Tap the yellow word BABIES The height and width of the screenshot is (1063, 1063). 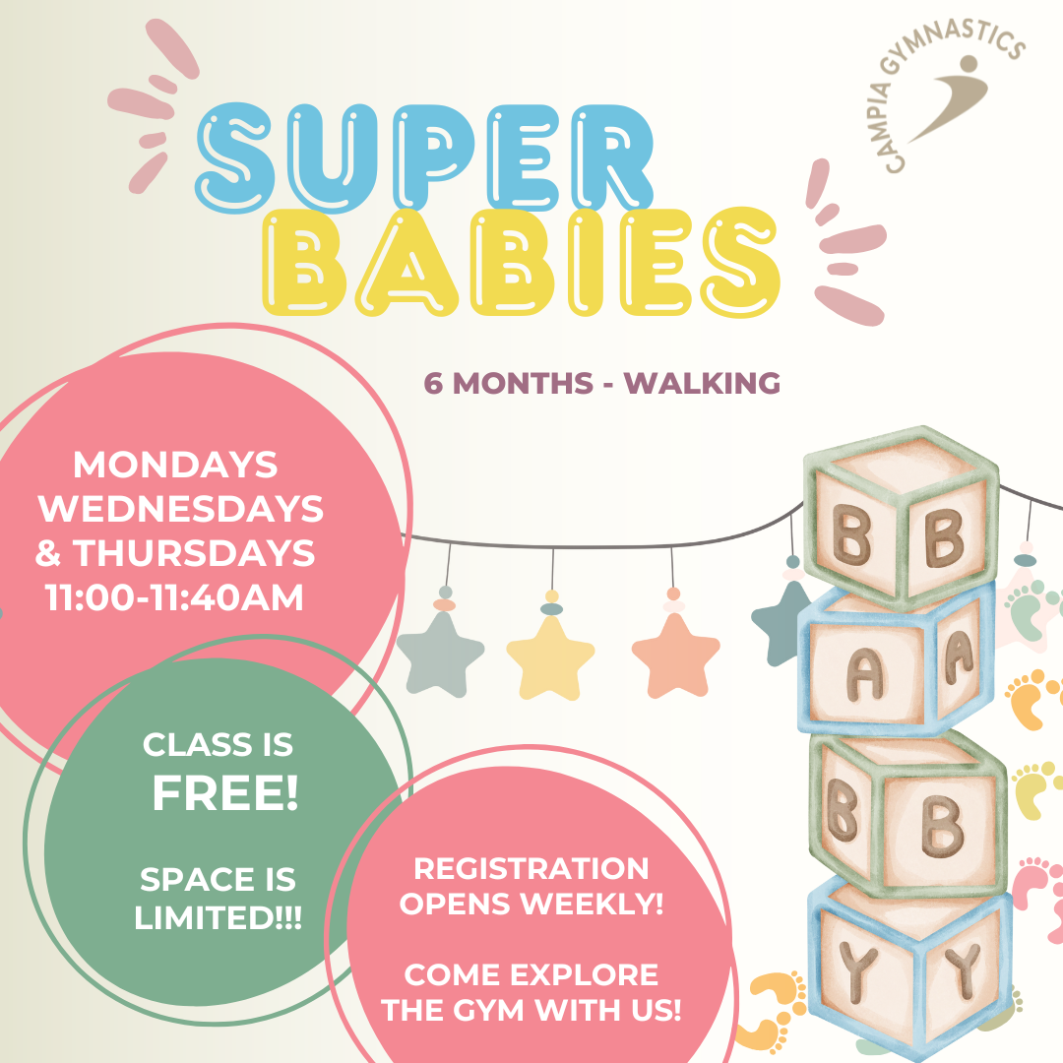pos(521,263)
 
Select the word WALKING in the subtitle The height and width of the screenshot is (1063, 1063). pos(702,383)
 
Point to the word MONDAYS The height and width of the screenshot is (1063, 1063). pos(175,465)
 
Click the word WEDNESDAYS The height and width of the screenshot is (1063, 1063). pos(180,509)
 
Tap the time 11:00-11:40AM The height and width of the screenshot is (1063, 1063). pos(174,598)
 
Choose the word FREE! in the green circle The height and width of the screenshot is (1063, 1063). pos(225,793)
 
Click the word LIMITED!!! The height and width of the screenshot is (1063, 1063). pos(218,918)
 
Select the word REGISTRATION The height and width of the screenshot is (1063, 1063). pos(531,869)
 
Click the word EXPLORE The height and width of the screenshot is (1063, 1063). pos(584,974)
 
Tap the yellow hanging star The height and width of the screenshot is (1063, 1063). pos(550,657)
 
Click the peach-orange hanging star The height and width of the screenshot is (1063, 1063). pos(675,655)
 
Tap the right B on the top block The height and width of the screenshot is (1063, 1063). pos(944,537)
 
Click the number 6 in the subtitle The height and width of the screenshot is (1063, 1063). pos(433,384)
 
